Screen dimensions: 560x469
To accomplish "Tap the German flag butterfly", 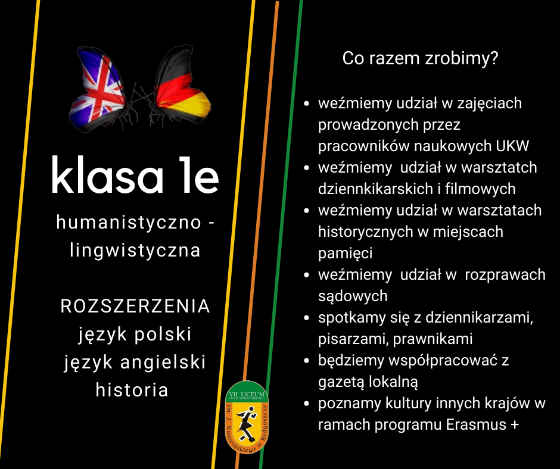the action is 179,86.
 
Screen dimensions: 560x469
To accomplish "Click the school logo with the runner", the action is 247,417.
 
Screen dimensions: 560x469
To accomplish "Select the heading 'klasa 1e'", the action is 135,175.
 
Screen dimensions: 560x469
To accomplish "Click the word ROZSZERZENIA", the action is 135,307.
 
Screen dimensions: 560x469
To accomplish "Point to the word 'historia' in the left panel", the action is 132,390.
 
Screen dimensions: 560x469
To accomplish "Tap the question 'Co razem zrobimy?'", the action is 420,58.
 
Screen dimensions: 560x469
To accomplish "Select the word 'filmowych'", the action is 480,189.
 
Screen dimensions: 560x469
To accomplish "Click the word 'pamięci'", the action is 345,254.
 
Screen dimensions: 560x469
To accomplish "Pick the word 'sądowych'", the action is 353,296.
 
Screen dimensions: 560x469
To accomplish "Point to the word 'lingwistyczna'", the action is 135,250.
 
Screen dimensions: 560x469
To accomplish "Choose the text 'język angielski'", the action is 135,362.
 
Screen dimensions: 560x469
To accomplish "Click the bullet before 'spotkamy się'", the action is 306,317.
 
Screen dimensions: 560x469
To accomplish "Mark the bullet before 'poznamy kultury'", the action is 306,404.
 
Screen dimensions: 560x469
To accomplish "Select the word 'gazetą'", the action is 341,382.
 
